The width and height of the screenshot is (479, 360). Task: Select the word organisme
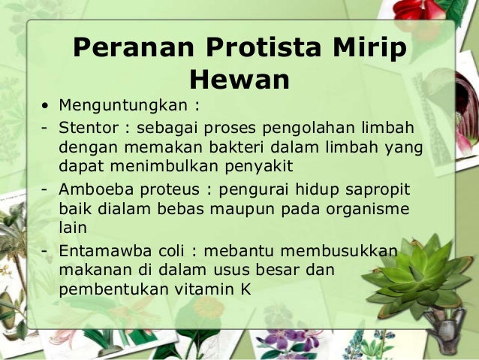coord(373,208)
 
